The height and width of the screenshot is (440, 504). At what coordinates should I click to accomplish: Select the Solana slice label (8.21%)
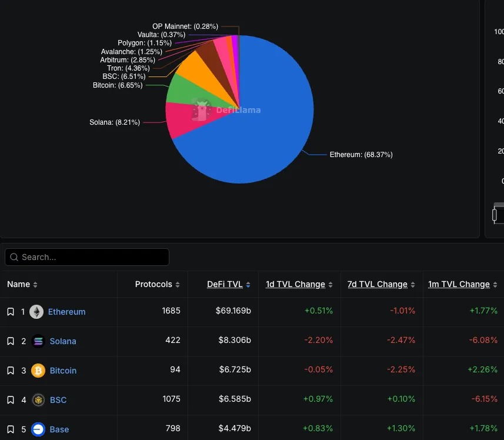tap(115, 122)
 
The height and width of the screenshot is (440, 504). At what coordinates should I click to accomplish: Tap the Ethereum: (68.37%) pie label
tap(361, 155)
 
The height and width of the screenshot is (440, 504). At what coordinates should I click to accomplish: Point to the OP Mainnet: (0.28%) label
tap(185, 26)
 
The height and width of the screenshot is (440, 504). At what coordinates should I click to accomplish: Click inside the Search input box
tap(88, 257)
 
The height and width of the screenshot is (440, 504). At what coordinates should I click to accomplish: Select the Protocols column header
tap(153, 284)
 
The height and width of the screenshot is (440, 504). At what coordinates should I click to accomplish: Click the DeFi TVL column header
tap(225, 284)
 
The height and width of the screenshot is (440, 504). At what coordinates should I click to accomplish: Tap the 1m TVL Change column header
tap(459, 284)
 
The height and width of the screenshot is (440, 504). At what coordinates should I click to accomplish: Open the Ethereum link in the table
tap(66, 312)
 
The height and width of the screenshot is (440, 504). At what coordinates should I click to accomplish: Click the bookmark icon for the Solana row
tap(11, 341)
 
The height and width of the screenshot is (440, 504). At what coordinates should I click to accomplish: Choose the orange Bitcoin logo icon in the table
tap(38, 371)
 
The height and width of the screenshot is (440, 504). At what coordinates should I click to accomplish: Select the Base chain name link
tap(59, 429)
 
